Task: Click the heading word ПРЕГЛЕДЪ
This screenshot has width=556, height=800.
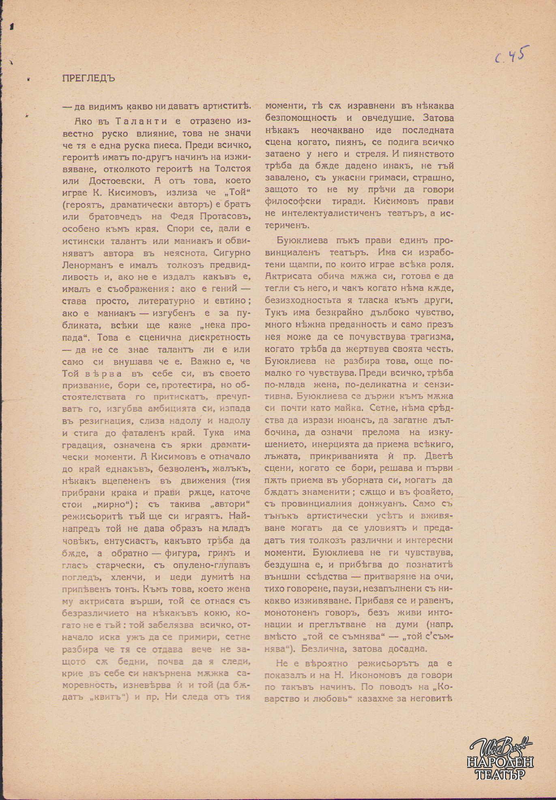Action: click(x=89, y=78)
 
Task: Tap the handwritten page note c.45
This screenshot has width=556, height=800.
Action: click(x=512, y=56)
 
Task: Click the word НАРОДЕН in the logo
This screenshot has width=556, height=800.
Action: click(x=500, y=762)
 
